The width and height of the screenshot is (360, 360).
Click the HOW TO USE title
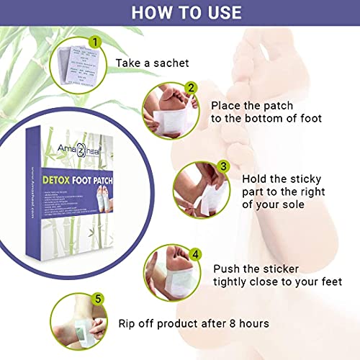click(x=180, y=13)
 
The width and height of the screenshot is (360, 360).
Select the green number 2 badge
click(x=191, y=88)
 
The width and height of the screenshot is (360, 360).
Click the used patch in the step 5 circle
click(x=72, y=328)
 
